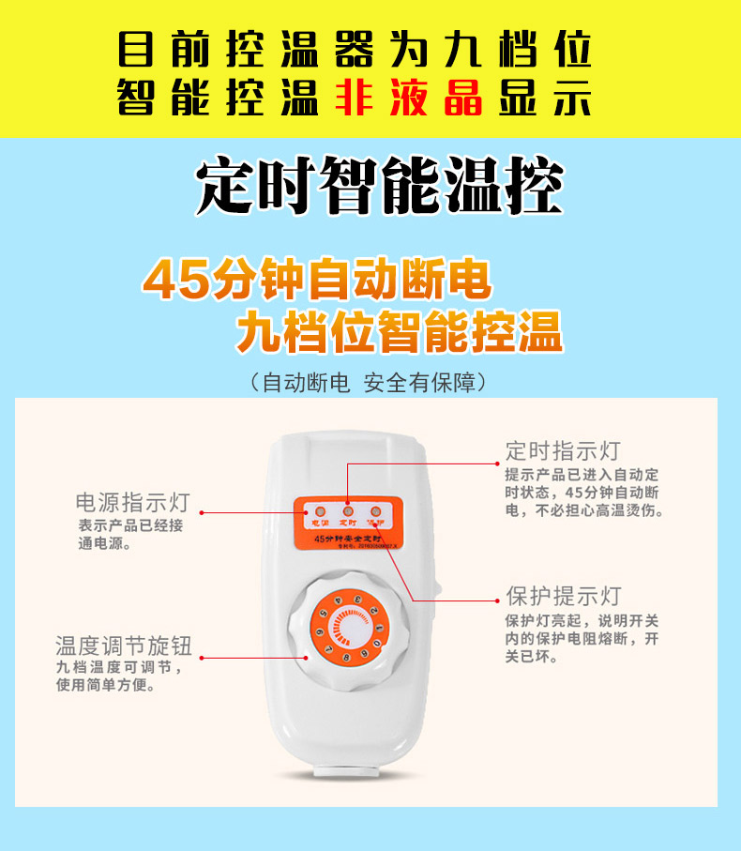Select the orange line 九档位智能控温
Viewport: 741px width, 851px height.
click(399, 332)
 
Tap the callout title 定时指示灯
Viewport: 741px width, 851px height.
click(562, 450)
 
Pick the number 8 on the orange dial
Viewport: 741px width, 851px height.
click(347, 659)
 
